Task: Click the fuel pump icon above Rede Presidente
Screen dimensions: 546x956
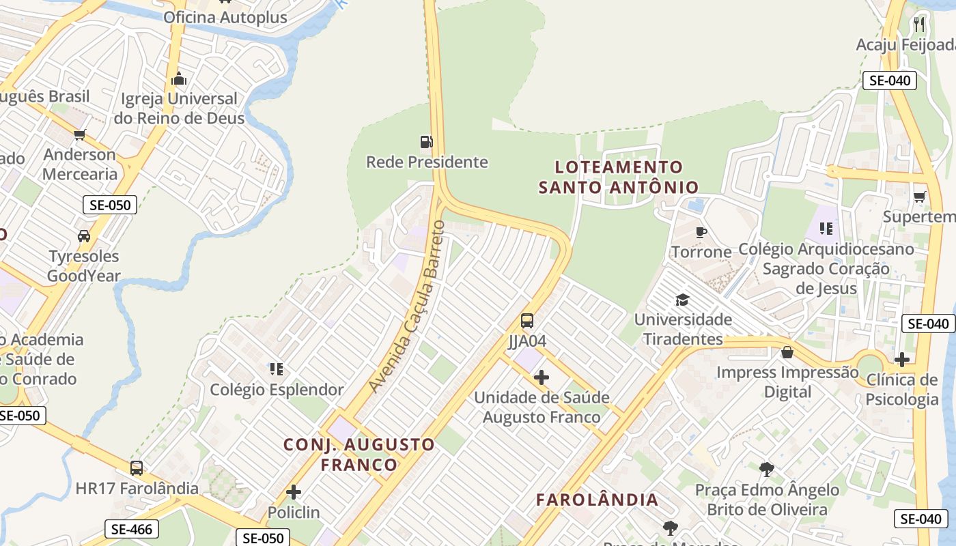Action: pyautogui.click(x=427, y=142)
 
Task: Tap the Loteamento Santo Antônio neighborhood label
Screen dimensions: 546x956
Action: pyautogui.click(x=619, y=177)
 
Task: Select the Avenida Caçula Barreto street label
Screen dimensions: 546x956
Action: pyautogui.click(x=408, y=306)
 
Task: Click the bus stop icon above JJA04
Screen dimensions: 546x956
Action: pyautogui.click(x=527, y=320)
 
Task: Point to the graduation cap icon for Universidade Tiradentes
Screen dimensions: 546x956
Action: pyautogui.click(x=681, y=300)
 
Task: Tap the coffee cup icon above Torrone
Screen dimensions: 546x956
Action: pyautogui.click(x=701, y=232)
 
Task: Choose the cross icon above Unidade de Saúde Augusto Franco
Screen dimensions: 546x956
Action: pyautogui.click(x=542, y=377)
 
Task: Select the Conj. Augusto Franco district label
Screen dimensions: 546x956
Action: pyautogui.click(x=359, y=455)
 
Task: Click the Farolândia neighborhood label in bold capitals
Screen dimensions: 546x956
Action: pyautogui.click(x=597, y=500)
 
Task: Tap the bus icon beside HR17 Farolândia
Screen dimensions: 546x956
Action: pyautogui.click(x=137, y=468)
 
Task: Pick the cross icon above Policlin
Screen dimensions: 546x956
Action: pyautogui.click(x=294, y=492)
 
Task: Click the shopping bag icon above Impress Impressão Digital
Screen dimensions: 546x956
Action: pyautogui.click(x=787, y=352)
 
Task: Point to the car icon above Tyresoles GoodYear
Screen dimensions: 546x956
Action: pyautogui.click(x=84, y=236)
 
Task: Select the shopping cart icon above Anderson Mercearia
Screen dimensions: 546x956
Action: pyautogui.click(x=80, y=134)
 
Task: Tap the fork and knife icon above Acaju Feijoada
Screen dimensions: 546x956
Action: pyautogui.click(x=919, y=25)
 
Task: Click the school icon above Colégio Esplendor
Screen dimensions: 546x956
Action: pyautogui.click(x=277, y=369)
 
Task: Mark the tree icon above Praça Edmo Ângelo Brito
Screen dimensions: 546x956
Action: pyautogui.click(x=767, y=470)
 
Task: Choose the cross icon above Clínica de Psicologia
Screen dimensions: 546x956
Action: pyautogui.click(x=902, y=360)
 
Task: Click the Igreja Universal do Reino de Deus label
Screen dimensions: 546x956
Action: pyautogui.click(x=179, y=109)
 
